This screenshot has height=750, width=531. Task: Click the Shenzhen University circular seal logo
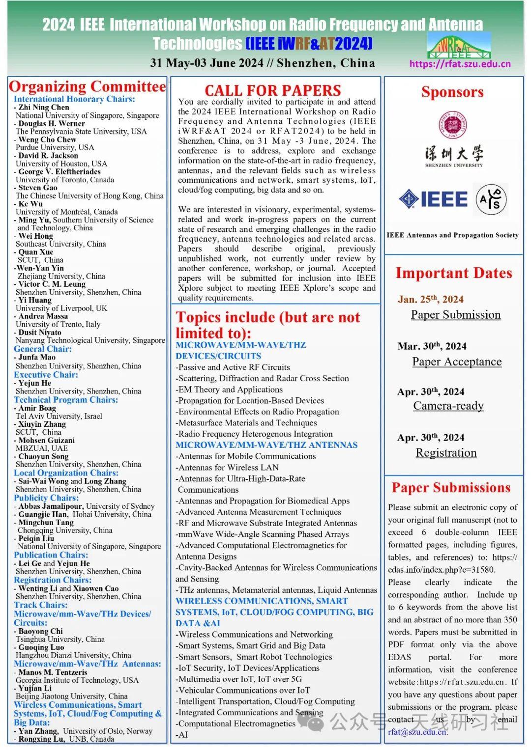point(452,125)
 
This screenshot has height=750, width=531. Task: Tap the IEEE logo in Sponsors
point(433,199)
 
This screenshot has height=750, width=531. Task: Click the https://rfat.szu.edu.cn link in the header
point(460,64)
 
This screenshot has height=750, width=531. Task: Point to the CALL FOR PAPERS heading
point(272,90)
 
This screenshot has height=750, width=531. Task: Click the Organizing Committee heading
point(88,86)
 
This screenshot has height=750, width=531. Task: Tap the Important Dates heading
point(453,273)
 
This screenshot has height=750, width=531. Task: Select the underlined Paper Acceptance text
point(457,362)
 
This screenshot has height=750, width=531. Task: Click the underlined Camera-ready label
point(448,406)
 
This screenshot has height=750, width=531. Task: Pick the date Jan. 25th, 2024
point(431,299)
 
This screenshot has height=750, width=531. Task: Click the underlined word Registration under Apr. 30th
point(446,453)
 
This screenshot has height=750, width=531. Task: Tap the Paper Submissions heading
point(451,488)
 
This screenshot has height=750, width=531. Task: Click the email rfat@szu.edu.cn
point(417,732)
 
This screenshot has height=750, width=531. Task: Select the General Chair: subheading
point(43,349)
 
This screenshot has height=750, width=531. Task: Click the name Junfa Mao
point(37,357)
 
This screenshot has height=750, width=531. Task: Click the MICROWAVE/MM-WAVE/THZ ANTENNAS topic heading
point(266,445)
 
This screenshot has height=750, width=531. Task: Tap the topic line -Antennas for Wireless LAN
point(228,467)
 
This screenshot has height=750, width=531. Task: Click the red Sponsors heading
point(452,92)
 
